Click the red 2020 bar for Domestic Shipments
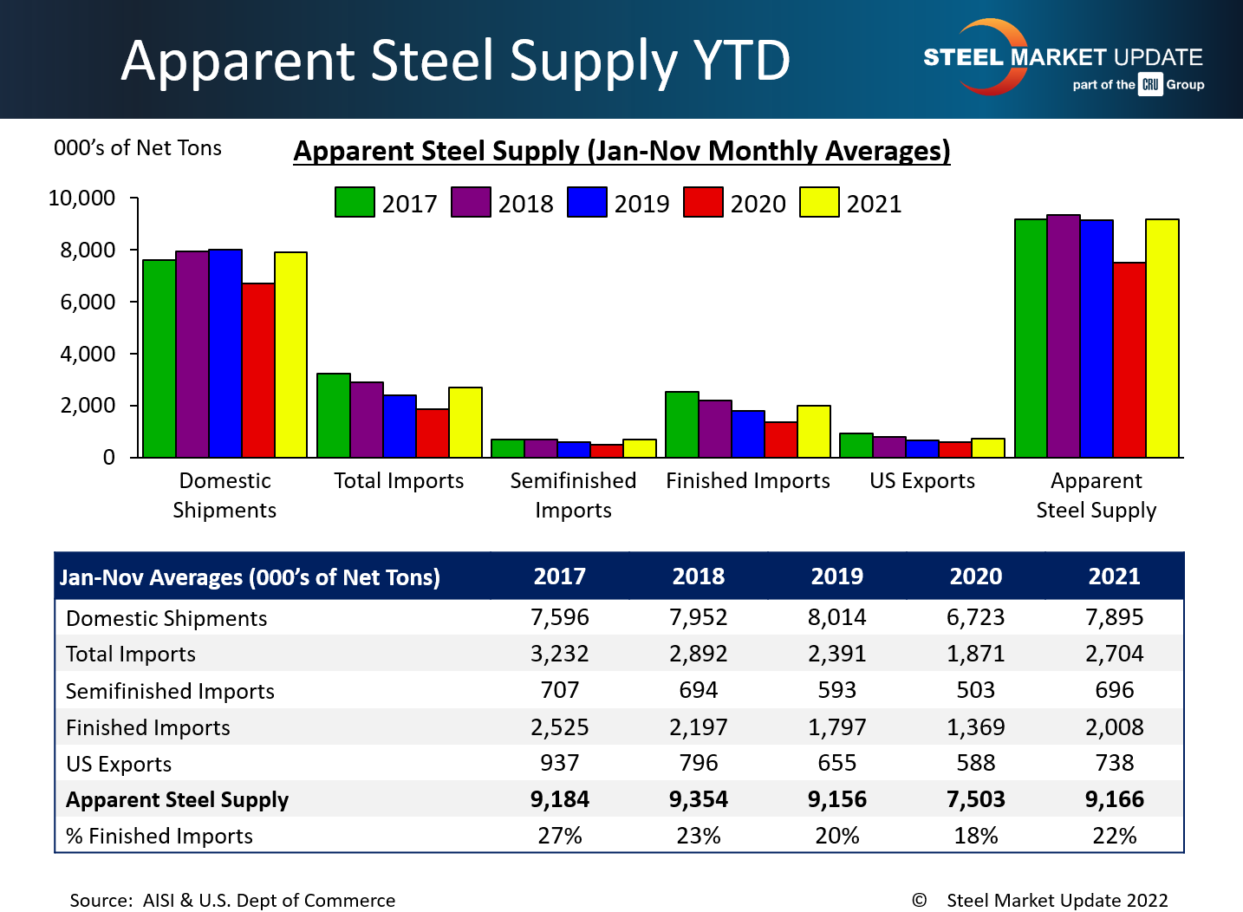pos(258,370)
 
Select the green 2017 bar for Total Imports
pos(334,415)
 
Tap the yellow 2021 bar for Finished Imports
pos(814,431)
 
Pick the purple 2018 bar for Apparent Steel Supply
pos(1064,336)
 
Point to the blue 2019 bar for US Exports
pos(922,448)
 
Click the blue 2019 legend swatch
pos(587,202)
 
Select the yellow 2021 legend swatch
pos(819,202)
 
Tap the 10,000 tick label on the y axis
pos(81,199)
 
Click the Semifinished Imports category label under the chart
pos(573,495)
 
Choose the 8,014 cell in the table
pos(836,617)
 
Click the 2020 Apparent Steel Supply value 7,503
pos(975,799)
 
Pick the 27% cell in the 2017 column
pos(559,836)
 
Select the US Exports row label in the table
pos(119,764)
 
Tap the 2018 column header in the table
pos(699,577)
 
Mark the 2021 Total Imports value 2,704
pos(1114,654)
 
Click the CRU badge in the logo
pos(1150,84)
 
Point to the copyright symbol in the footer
pos(919,900)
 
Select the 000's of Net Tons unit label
pos(138,148)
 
